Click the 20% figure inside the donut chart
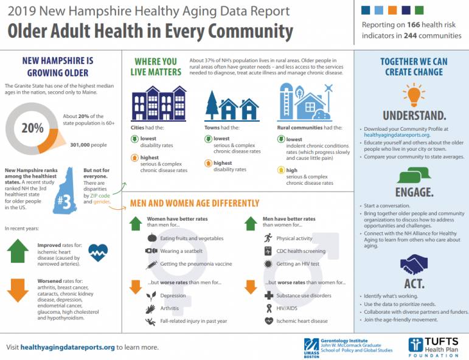33,128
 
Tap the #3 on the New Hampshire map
63,201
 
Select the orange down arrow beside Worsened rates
18,290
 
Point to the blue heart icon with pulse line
98,252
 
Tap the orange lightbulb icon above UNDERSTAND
414,94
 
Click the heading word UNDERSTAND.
414,115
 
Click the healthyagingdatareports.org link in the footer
68,347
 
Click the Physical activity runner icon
268,238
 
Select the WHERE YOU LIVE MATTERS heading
156,67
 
